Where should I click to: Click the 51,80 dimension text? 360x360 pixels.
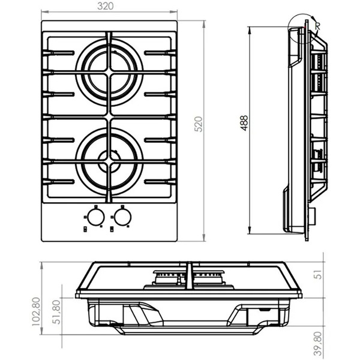point(58,313)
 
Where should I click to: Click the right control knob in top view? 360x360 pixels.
point(123,215)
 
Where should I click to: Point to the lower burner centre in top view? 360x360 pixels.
point(109,158)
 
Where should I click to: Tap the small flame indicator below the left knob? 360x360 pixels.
point(87,228)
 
